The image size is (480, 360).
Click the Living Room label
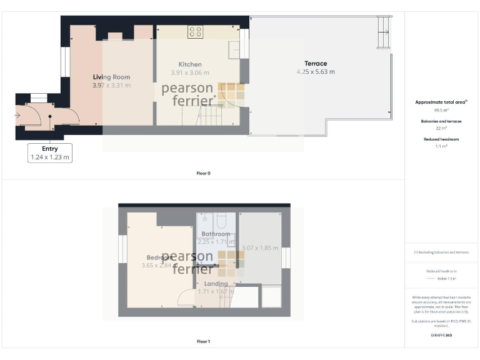point(111,77)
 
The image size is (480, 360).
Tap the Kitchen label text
point(190,64)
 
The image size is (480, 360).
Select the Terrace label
point(316,63)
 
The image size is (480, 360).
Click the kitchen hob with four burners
point(195,32)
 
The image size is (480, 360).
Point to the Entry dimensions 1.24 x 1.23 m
point(49,157)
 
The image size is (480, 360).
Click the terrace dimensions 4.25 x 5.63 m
point(316,72)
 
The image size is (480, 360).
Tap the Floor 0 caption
point(203,173)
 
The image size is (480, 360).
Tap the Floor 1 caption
point(203,341)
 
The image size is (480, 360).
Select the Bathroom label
point(216,234)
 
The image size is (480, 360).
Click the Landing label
point(215,283)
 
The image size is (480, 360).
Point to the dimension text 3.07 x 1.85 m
point(259,248)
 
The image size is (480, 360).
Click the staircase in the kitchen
point(211,116)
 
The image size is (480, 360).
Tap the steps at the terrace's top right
point(384,31)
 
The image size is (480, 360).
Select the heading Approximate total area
point(441,102)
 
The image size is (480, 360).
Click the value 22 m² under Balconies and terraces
point(441,128)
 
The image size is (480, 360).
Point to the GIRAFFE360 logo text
point(441,336)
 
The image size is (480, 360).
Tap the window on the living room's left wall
point(64,62)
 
